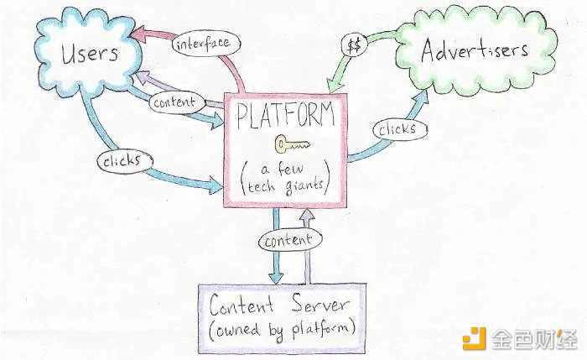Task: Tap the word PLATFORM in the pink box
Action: pyautogui.click(x=285, y=117)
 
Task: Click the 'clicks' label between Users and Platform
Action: pyautogui.click(x=128, y=160)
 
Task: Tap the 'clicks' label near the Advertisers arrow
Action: pyautogui.click(x=397, y=130)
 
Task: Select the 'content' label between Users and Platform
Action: pyautogui.click(x=173, y=102)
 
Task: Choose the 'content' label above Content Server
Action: pyautogui.click(x=287, y=240)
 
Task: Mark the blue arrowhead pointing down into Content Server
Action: pyautogui.click(x=275, y=278)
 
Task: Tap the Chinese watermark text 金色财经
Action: pyautogui.click(x=538, y=337)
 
